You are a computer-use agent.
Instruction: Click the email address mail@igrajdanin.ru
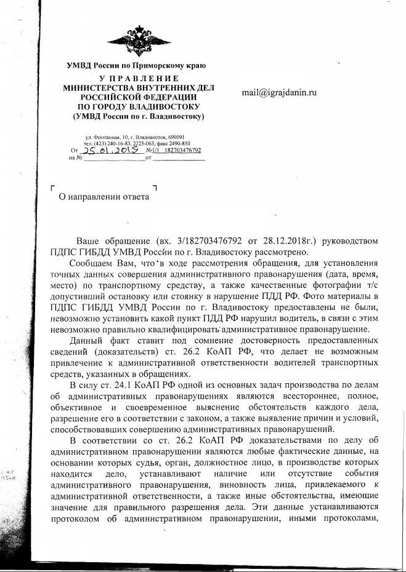tap(279, 93)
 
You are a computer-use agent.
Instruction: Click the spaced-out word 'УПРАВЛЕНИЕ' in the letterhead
tap(137, 79)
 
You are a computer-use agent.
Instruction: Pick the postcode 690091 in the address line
tap(184, 137)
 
